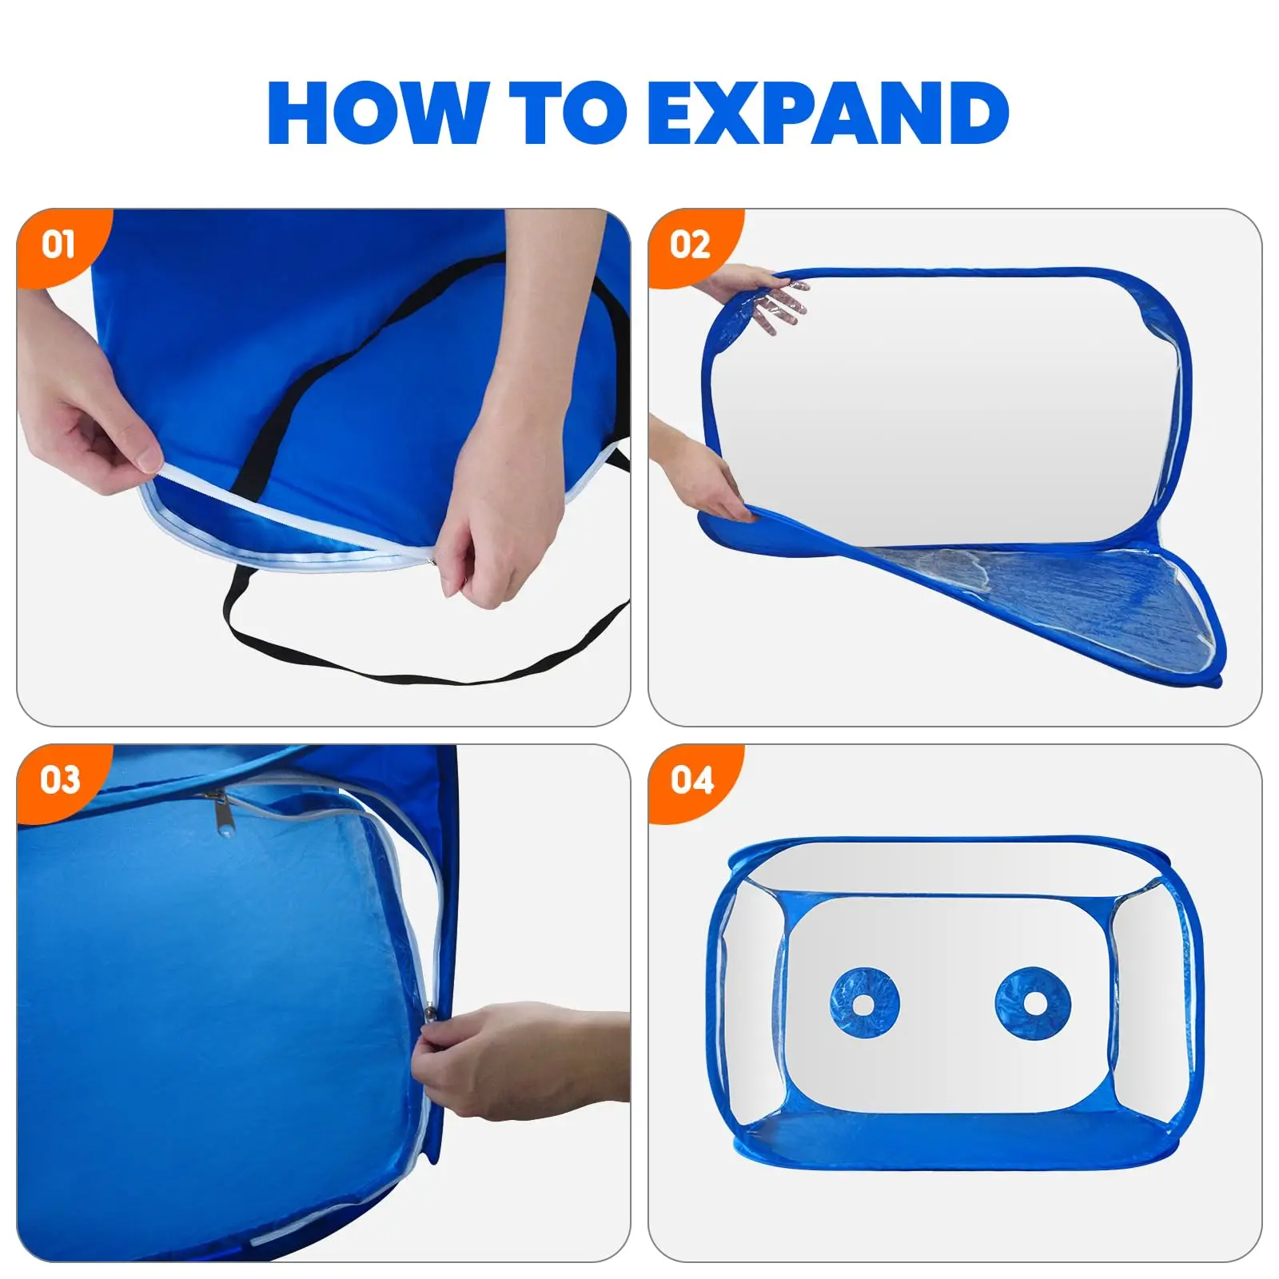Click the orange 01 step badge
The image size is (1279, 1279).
pyautogui.click(x=58, y=244)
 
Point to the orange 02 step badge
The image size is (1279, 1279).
pyautogui.click(x=690, y=244)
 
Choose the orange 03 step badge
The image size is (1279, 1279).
pyautogui.click(x=60, y=779)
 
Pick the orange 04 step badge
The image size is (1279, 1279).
pyautogui.click(x=691, y=779)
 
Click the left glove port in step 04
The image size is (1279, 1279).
pyautogui.click(x=864, y=1002)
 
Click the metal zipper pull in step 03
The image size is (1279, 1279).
pyautogui.click(x=219, y=812)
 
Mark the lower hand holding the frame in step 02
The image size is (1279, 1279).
pyautogui.click(x=707, y=480)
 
